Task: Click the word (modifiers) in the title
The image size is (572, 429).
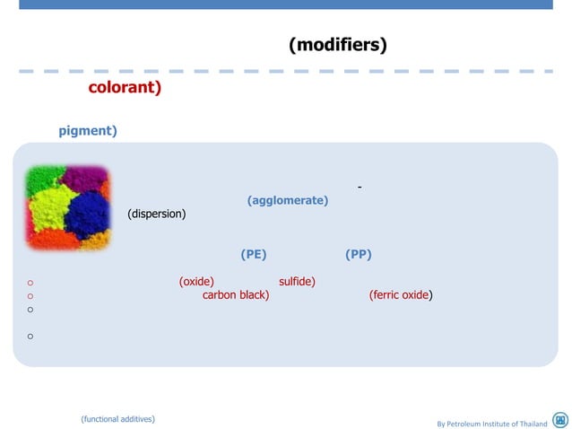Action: tap(337, 45)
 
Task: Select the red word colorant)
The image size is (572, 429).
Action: tap(125, 88)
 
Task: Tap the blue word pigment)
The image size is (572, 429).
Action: tap(88, 131)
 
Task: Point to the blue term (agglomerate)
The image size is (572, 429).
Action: tap(287, 200)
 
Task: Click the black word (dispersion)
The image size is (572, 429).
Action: tap(157, 214)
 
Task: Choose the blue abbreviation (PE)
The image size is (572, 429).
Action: tap(254, 254)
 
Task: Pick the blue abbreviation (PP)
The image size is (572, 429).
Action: tap(359, 254)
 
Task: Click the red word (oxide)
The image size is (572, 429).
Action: tap(196, 281)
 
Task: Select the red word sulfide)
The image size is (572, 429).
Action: tap(297, 281)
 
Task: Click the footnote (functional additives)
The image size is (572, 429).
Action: tap(117, 418)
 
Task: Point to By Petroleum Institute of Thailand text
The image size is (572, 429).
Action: tap(491, 423)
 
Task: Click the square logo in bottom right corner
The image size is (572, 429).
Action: tap(560, 420)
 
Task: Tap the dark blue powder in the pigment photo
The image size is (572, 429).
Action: tap(87, 212)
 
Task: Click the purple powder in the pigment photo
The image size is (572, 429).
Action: tap(87, 177)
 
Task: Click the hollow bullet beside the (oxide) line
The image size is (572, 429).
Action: tap(30, 282)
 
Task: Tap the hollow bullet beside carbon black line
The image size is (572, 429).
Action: tap(30, 295)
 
